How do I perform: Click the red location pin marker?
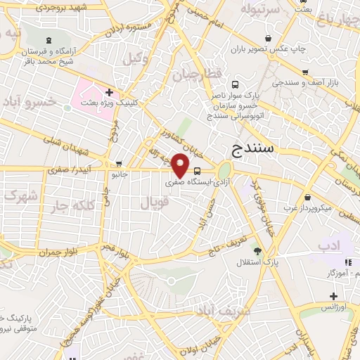(181, 165)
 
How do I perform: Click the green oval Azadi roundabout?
(224, 170)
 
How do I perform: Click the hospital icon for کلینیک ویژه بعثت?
(110, 92)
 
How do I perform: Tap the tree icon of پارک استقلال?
(258, 250)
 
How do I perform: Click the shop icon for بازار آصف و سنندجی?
(305, 72)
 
